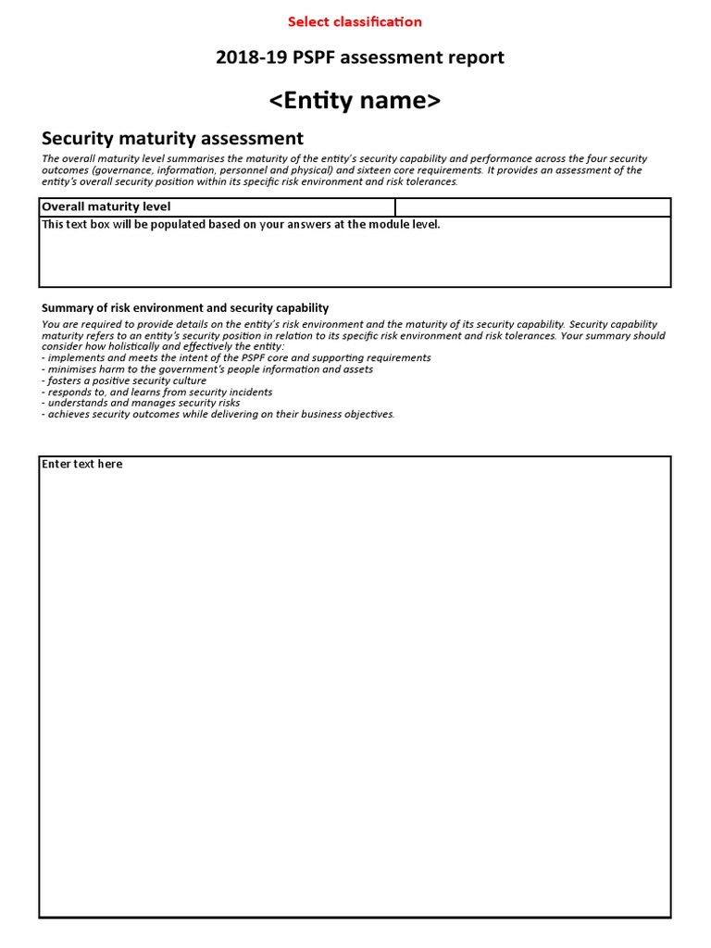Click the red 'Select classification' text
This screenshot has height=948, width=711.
[x=355, y=21]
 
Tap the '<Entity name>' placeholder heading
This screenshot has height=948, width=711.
[x=355, y=101]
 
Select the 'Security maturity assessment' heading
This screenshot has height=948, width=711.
[x=172, y=139]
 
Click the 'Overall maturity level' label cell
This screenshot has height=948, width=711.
[x=106, y=207]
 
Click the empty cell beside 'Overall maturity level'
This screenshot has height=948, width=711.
[x=532, y=207]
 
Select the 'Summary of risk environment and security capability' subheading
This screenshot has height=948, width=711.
[x=185, y=308]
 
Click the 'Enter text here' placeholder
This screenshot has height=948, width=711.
[x=81, y=464]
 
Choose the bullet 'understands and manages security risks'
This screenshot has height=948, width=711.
[x=142, y=403]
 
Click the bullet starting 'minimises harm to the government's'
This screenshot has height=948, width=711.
[x=208, y=369]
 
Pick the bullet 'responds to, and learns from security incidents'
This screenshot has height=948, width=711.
[x=157, y=392]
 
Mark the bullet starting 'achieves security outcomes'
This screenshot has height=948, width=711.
[x=219, y=414]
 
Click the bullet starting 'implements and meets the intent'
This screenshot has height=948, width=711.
[x=237, y=358]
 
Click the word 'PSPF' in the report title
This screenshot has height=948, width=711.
[x=309, y=58]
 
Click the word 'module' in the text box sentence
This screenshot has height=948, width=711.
[x=374, y=225]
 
